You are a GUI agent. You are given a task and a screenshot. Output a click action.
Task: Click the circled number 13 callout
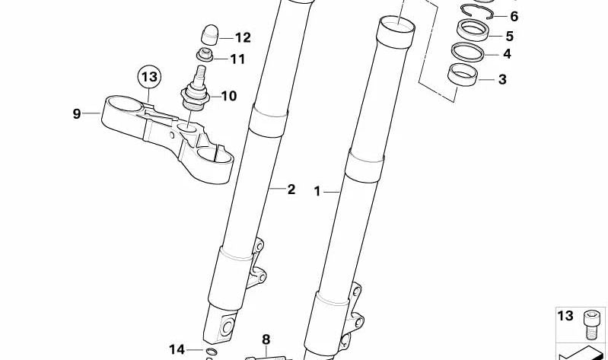(149, 78)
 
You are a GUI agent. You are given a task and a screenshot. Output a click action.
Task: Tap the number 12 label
(242, 37)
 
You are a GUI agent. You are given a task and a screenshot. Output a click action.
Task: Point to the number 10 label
(228, 96)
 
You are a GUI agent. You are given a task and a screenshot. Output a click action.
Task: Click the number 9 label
(76, 114)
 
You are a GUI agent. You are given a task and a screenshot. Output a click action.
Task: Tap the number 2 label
(291, 190)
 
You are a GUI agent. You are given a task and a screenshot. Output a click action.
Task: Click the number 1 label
(317, 191)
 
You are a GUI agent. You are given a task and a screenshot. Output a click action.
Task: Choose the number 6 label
(514, 16)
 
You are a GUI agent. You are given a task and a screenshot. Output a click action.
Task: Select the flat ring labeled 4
(469, 53)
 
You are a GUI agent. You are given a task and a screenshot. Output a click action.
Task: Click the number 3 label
(502, 79)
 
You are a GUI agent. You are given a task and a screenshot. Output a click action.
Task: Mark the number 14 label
(177, 349)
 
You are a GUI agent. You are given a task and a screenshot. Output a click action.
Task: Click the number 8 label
(266, 339)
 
